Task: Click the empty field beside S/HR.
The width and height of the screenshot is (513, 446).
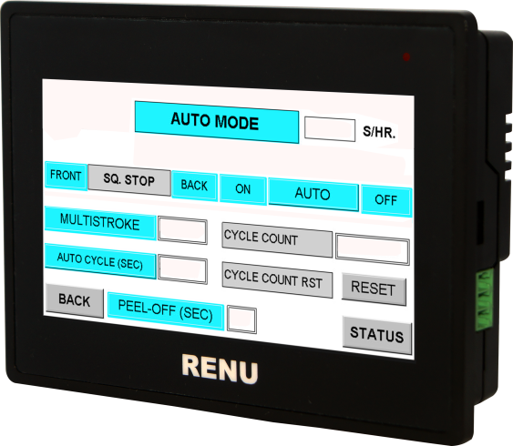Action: pos(328,128)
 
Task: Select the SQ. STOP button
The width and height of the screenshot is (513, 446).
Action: pos(128,179)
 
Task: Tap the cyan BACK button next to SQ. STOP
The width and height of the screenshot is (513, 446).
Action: pos(194,186)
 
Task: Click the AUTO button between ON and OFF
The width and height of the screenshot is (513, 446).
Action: pos(312,195)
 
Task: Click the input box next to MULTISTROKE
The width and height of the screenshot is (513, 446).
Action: pos(182,229)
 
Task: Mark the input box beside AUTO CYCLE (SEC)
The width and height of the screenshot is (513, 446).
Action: pos(182,268)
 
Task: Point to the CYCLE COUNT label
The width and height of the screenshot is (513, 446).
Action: pos(276,240)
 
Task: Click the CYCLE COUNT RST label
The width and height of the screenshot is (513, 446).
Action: pos(277,278)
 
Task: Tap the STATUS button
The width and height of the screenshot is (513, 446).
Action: pos(376,335)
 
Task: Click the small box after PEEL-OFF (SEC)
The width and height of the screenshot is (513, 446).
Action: pos(241,319)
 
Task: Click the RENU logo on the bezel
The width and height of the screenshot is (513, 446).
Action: pos(220,368)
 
